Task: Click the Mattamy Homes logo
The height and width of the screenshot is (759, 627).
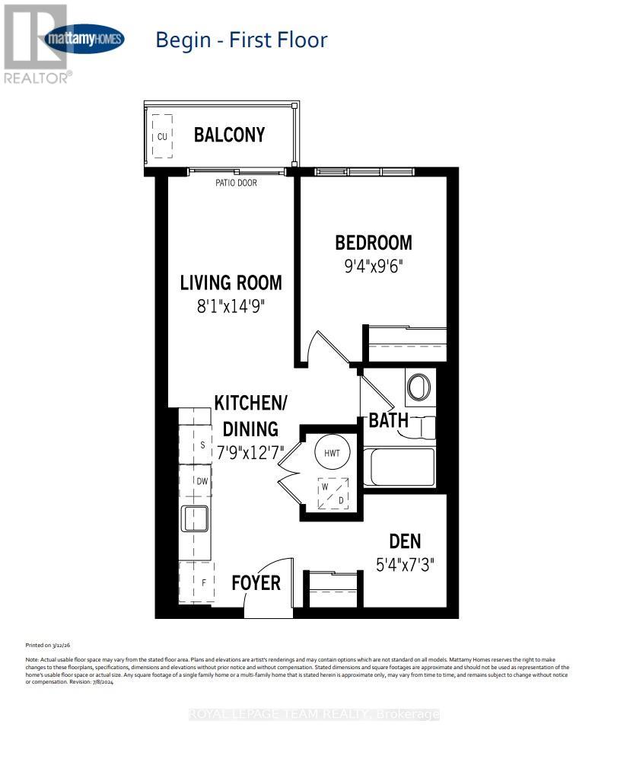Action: (85, 39)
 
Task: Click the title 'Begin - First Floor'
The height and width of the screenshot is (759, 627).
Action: (241, 40)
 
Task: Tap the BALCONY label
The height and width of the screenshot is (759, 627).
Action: (229, 135)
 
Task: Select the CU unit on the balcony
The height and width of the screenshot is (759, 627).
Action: (161, 137)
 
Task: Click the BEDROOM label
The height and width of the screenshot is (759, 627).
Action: (374, 243)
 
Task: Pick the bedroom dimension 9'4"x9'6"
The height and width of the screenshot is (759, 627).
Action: (374, 267)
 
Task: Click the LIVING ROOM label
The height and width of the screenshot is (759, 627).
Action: (231, 282)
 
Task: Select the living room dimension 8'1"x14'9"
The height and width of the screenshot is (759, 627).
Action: (231, 307)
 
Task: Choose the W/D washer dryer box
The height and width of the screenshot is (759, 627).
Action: (333, 493)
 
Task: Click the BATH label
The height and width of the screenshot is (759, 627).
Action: (389, 420)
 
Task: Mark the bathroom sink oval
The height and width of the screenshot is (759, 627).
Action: (419, 387)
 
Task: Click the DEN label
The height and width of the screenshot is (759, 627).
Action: (405, 541)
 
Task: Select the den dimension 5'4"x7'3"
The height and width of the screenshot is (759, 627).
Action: (405, 566)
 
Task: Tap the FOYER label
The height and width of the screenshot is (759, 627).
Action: (256, 583)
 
